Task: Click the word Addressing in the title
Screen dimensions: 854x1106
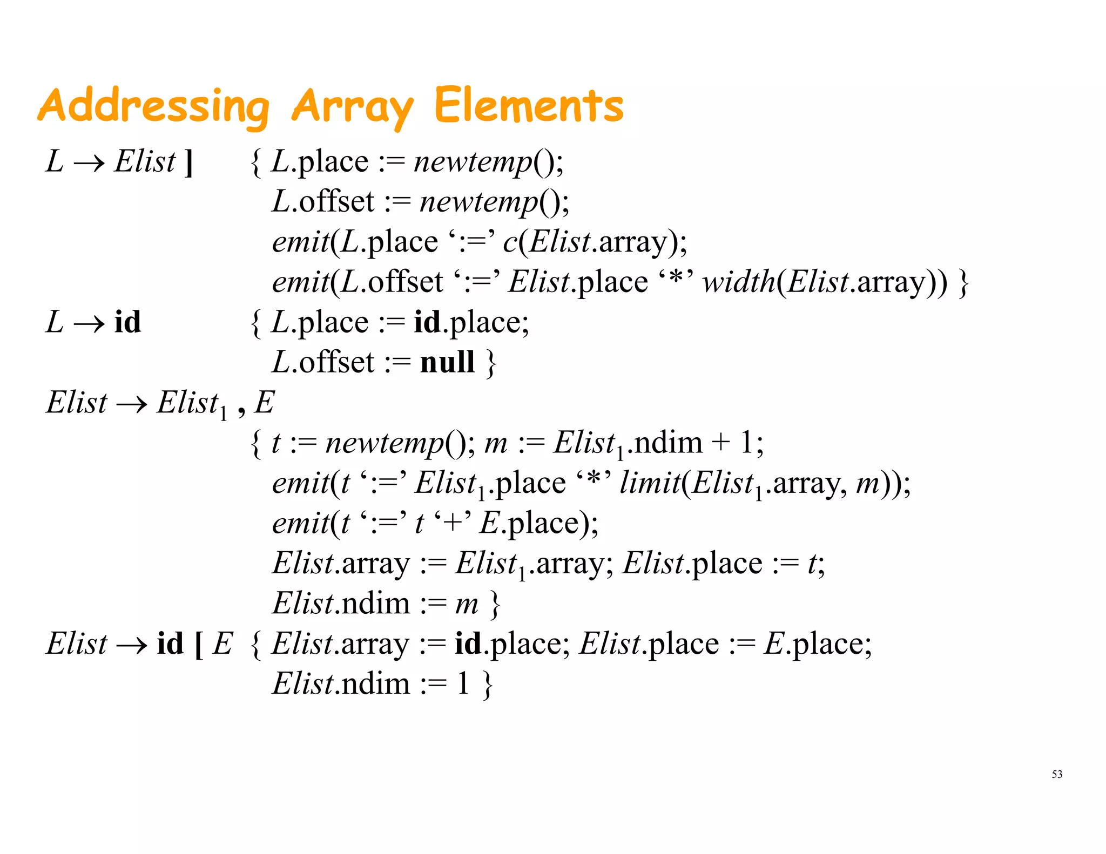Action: [x=153, y=106]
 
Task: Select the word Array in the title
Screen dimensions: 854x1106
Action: [x=352, y=106]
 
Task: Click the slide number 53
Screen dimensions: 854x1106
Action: [x=1056, y=774]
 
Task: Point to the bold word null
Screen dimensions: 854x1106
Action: [x=447, y=362]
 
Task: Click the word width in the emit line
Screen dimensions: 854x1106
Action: [x=739, y=282]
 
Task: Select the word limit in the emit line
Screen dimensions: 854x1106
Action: [x=650, y=483]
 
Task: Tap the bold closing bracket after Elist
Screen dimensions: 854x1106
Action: [x=188, y=162]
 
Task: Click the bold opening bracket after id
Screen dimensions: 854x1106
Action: [x=198, y=645]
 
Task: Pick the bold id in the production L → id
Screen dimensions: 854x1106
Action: [x=127, y=322]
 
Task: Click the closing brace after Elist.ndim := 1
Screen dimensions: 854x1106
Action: [x=487, y=684]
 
